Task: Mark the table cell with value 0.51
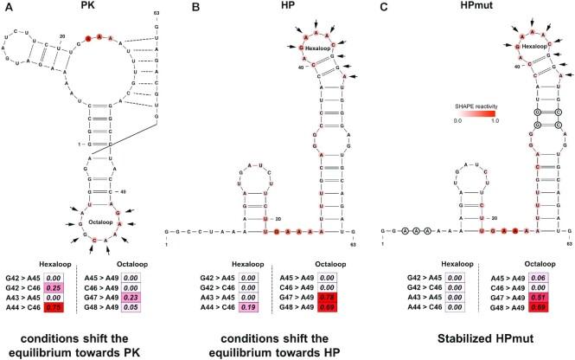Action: coord(539,284)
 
